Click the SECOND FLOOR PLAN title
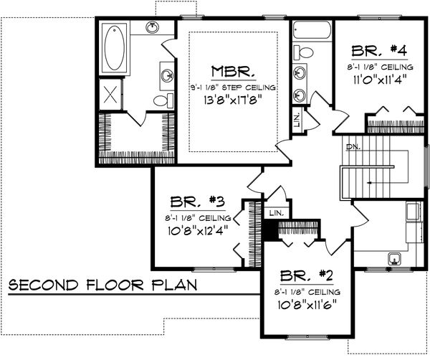[x=102, y=285]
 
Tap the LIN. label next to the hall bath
[x=297, y=120]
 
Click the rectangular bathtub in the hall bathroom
[x=312, y=32]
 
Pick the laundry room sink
[x=393, y=258]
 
